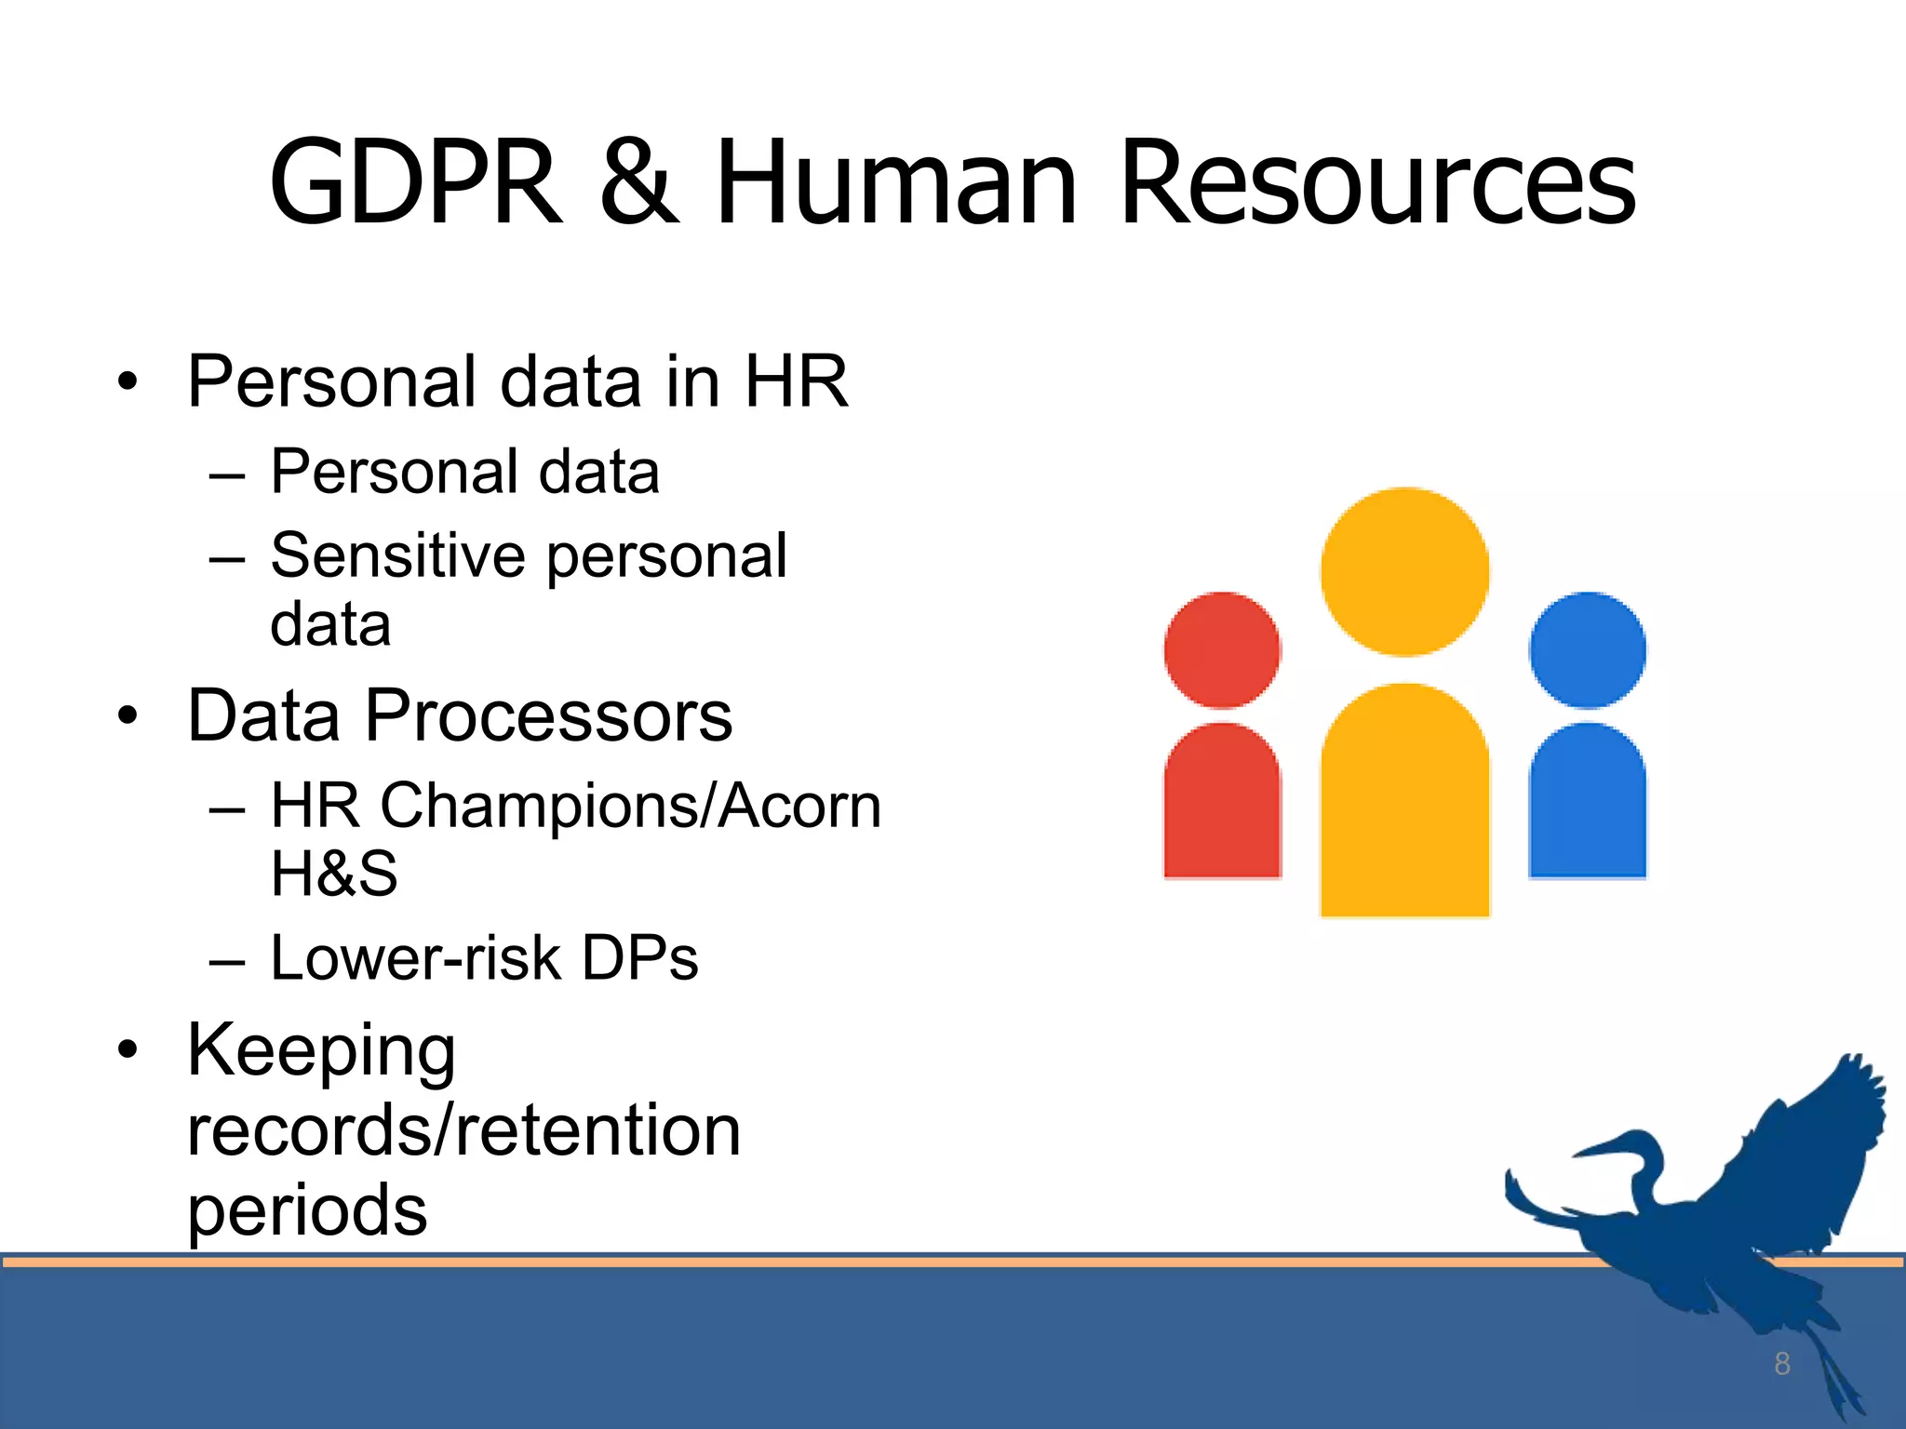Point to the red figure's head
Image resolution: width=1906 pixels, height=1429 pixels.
click(1222, 650)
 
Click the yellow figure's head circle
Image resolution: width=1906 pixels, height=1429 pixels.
click(1404, 571)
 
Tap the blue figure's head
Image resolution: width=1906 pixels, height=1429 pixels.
click(1588, 650)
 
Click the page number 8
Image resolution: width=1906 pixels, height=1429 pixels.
click(1781, 1364)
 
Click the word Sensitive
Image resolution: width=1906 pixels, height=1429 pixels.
click(398, 555)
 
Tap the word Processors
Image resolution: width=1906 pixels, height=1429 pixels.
click(548, 715)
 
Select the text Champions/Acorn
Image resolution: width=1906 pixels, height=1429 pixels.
click(630, 805)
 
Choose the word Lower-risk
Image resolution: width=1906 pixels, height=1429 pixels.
click(415, 958)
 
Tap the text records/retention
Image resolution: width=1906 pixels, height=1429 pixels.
click(463, 1130)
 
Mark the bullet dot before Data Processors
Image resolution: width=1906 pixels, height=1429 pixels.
click(128, 716)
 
